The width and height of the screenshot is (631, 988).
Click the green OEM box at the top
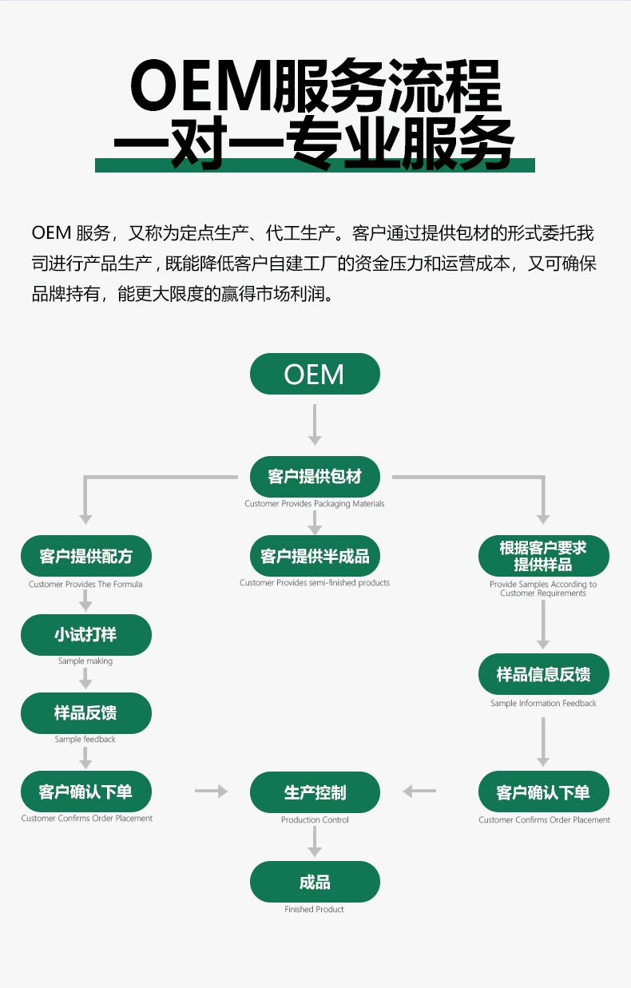tap(315, 374)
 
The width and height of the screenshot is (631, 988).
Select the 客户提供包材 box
tap(315, 477)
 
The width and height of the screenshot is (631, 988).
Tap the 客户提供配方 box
tap(85, 556)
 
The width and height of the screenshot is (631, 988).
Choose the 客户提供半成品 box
tap(315, 556)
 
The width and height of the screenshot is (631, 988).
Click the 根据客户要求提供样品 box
tap(543, 556)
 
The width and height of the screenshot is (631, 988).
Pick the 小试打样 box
tap(85, 635)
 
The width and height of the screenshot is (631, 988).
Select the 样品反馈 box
tap(85, 713)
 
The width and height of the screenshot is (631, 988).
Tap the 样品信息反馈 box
tap(543, 674)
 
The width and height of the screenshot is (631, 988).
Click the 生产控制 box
tap(315, 792)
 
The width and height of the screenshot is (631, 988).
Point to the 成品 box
tap(315, 882)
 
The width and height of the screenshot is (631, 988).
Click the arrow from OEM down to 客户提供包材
tap(315, 424)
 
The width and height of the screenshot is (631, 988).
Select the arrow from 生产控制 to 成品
tap(315, 841)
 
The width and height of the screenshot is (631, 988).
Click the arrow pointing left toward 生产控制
tap(419, 792)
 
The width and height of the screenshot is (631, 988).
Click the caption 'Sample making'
tap(85, 661)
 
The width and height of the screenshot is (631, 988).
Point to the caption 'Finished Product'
tap(315, 909)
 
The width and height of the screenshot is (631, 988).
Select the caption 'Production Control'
tap(315, 820)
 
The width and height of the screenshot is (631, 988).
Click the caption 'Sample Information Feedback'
tap(543, 704)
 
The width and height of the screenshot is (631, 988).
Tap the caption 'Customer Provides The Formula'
tap(85, 585)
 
